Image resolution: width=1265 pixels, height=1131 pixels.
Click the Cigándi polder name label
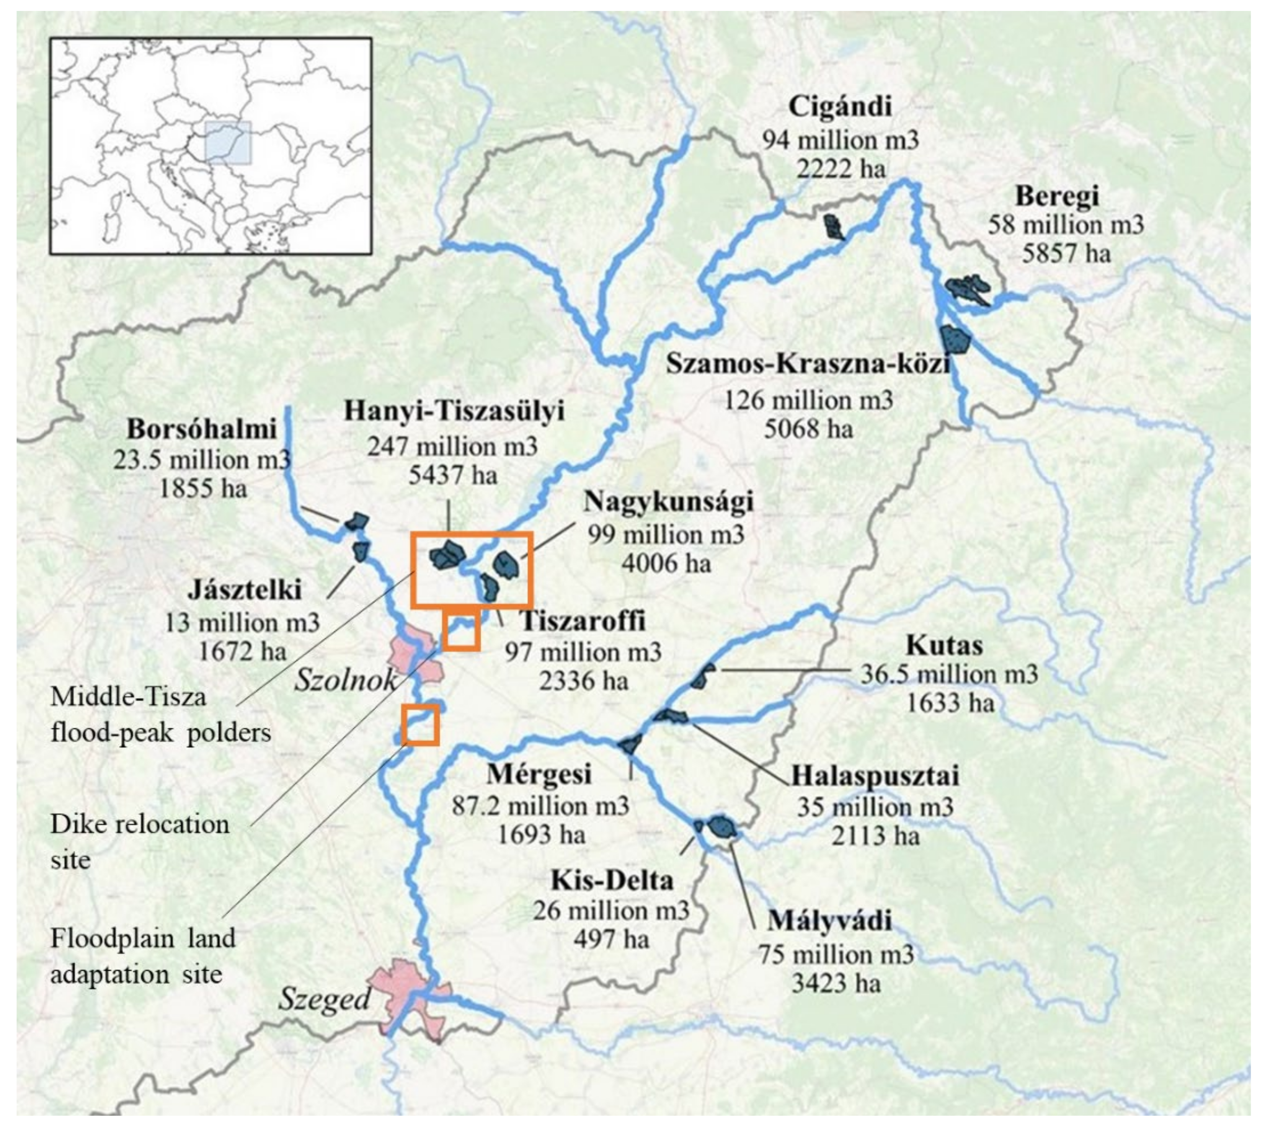[839, 107]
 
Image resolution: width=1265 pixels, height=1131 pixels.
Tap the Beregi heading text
[1056, 196]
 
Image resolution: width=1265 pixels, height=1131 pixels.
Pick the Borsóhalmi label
[201, 429]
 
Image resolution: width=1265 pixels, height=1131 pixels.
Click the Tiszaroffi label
[583, 621]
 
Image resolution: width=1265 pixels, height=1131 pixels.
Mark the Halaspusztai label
[875, 775]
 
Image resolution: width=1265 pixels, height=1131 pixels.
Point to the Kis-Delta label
[612, 881]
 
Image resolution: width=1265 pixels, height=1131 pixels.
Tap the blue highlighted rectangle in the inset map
[229, 142]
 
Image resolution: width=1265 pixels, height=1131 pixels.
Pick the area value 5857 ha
[1066, 253]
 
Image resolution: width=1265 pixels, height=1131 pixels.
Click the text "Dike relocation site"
[140, 842]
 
